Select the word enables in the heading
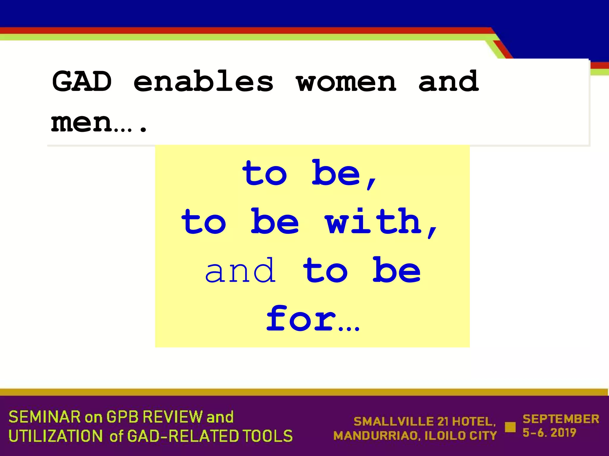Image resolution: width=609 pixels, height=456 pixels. [x=203, y=81]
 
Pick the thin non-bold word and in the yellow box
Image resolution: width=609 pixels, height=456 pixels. [x=240, y=271]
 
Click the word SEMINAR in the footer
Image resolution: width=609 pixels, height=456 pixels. [x=45, y=417]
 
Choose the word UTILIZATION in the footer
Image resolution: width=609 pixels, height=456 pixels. [x=55, y=436]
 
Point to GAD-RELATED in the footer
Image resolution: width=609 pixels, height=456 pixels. [x=183, y=436]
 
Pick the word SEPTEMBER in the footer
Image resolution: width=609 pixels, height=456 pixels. [x=561, y=419]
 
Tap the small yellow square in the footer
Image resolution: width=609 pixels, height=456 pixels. [x=510, y=427]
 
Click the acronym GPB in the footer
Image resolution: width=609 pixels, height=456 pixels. [x=123, y=417]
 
